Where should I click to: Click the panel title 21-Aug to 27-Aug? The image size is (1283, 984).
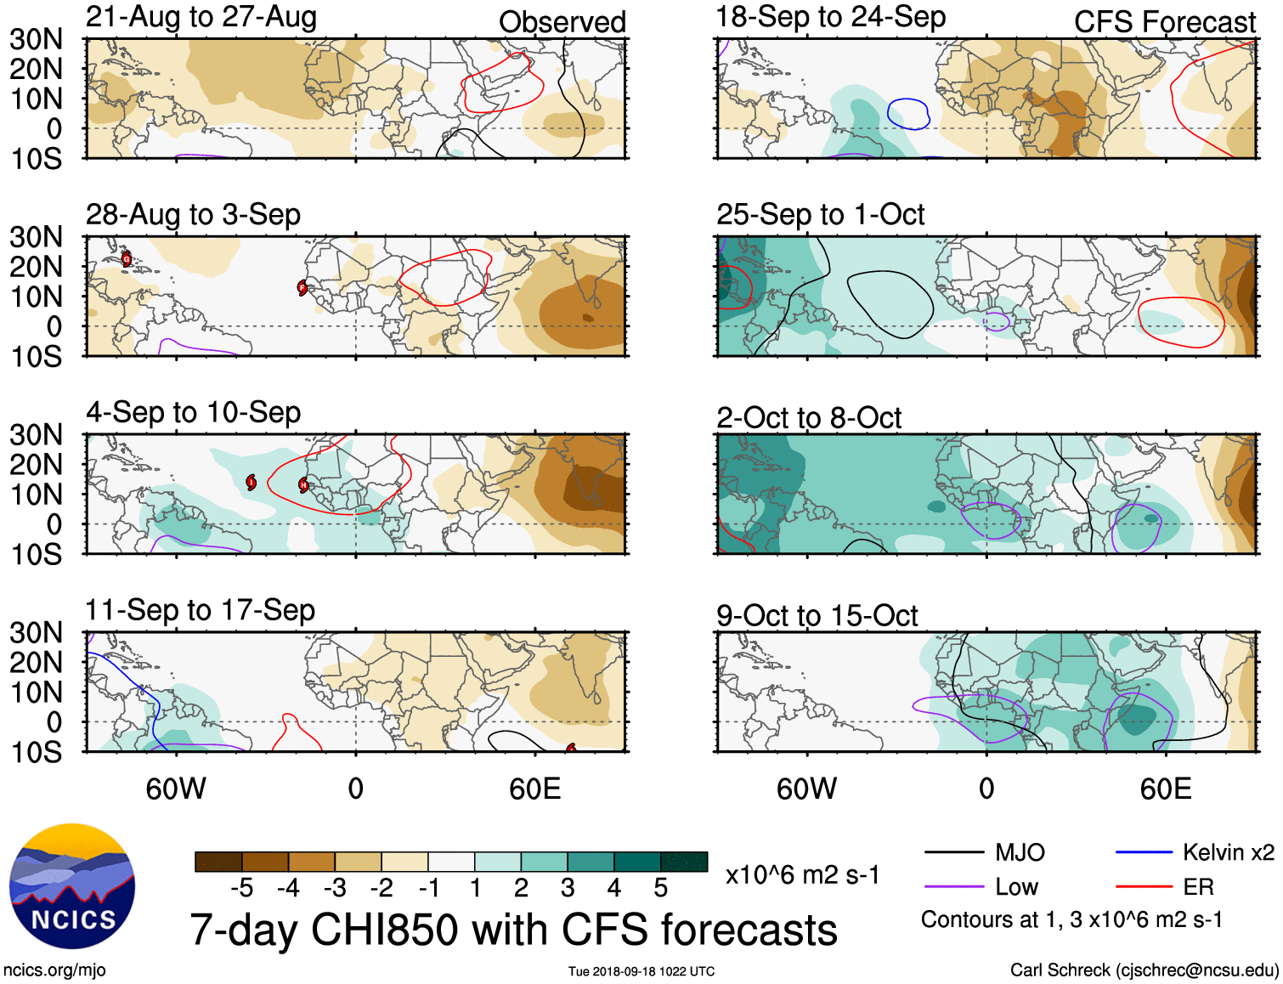tap(201, 17)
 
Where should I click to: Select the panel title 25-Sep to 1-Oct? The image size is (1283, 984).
tap(820, 215)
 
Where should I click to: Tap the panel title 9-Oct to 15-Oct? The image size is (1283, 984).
tap(817, 616)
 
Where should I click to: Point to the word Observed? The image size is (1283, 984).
tap(562, 22)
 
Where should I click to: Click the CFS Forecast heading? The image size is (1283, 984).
tap(1164, 22)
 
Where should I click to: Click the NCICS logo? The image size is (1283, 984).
tap(72, 886)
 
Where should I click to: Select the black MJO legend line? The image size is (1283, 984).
tap(953, 852)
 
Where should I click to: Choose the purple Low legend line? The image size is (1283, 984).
tap(953, 887)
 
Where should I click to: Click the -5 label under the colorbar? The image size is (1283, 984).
tap(241, 888)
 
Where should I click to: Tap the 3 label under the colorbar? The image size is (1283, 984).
tap(568, 888)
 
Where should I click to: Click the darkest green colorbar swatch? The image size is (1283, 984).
tap(684, 862)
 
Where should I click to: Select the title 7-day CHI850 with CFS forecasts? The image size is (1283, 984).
tap(513, 930)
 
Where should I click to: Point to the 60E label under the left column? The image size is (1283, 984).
tap(534, 789)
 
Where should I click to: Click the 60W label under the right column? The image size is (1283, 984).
tap(806, 789)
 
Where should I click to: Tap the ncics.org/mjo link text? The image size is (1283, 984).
tap(54, 970)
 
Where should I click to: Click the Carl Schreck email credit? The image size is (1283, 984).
tap(1144, 970)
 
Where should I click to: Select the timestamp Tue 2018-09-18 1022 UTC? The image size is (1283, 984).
tap(641, 971)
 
